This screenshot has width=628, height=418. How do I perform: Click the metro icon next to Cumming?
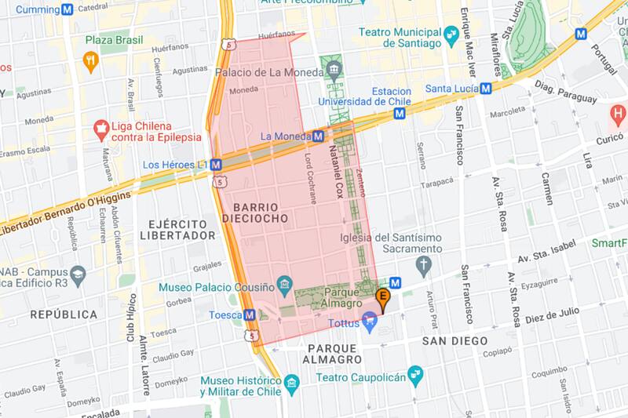tap(68, 9)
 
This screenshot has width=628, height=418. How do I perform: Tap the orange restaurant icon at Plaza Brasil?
tap(91, 61)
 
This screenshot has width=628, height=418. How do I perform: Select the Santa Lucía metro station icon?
tap(486, 89)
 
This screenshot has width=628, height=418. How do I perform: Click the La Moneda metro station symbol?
tap(318, 136)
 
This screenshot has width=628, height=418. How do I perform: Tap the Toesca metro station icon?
tap(250, 314)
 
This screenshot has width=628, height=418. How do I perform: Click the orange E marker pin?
tap(383, 299)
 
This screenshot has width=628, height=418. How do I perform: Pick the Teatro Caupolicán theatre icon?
tap(415, 377)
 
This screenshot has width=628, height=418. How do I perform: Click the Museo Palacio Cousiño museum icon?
tap(285, 282)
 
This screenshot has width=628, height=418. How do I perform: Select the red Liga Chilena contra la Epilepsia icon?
tap(100, 127)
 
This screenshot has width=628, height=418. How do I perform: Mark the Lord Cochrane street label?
tap(311, 178)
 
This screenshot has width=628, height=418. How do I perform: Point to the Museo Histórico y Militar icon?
tap(293, 384)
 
